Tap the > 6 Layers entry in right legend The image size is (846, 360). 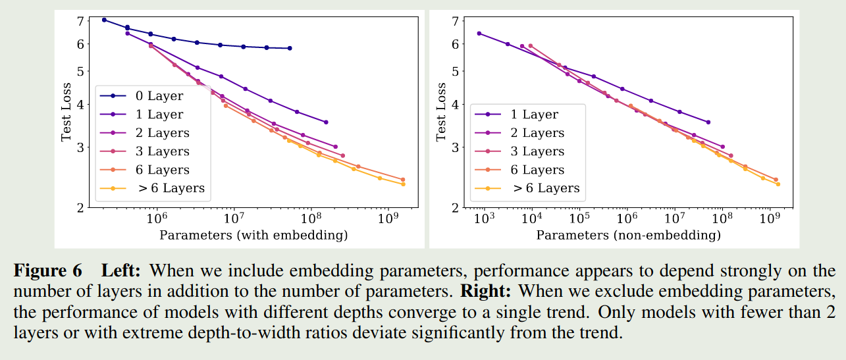[545, 188]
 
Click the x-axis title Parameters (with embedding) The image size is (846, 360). [253, 235]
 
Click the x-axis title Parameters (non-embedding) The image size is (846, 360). [628, 235]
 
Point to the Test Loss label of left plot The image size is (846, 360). [66, 113]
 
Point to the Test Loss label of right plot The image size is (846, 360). [441, 113]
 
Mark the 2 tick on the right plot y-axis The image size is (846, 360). [455, 208]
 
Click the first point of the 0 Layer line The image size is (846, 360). [104, 20]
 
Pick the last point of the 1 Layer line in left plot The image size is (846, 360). [326, 122]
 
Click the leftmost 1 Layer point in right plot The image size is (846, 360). [479, 34]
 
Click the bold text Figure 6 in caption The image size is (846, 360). [48, 271]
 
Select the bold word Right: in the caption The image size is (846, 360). [486, 290]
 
